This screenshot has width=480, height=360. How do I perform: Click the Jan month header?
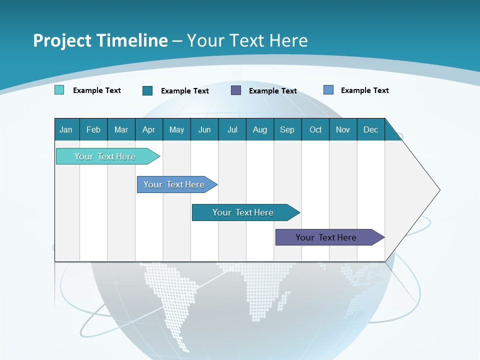point(66,129)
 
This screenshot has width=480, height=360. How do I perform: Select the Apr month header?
point(149,129)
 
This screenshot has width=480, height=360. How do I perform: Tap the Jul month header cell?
point(232,129)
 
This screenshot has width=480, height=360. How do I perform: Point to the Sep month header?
point(287,129)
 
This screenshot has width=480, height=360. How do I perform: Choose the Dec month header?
point(370,129)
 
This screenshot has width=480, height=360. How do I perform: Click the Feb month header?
point(93,129)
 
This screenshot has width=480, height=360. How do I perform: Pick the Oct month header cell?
point(315,129)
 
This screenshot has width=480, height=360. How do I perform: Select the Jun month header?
point(204,129)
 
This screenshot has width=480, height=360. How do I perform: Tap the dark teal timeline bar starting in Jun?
point(243,212)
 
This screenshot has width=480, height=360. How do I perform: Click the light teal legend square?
point(59,90)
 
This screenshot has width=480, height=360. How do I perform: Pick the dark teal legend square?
point(147,90)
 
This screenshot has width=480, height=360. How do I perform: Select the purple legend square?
point(236,90)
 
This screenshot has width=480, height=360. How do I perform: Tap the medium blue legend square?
point(328,90)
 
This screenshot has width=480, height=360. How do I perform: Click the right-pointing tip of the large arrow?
point(438,190)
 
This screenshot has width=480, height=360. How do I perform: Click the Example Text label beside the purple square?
point(273,91)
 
